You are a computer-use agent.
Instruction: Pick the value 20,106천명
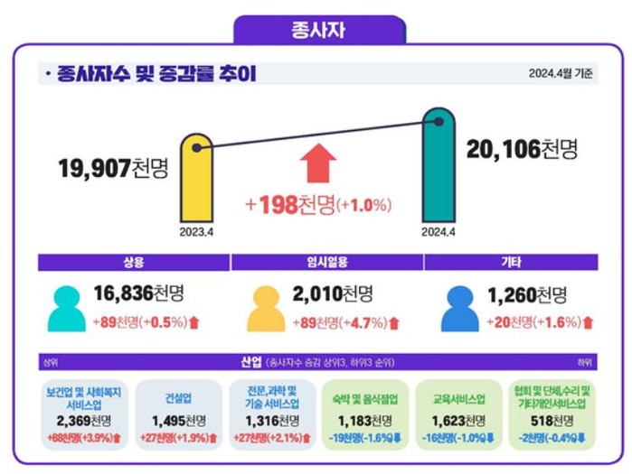(x=522, y=150)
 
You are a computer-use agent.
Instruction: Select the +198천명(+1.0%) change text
(x=317, y=205)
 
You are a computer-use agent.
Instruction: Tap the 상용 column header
(x=134, y=262)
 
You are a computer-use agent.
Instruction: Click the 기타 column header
(x=510, y=262)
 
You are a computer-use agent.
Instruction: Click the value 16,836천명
(x=139, y=293)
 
